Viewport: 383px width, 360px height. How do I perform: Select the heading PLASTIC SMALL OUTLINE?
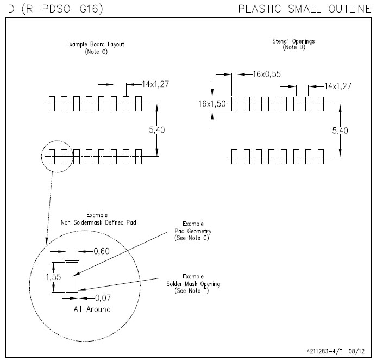[x=305, y=9]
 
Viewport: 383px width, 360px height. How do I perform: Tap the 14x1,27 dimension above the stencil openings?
[x=338, y=86]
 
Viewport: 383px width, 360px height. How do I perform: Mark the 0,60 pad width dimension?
[x=102, y=251]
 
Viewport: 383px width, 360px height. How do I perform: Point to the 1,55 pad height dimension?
[x=53, y=276]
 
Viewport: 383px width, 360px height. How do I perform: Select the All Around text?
[x=92, y=309]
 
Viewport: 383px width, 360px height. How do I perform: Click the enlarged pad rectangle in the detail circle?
[x=72, y=277]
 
